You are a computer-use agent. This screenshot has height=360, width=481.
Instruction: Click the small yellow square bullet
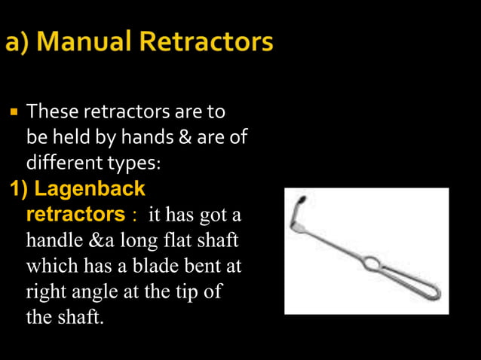coord(14,115)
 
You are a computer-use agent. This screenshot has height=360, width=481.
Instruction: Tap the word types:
coord(136,163)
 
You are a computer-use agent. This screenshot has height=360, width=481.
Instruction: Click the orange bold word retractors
coord(75,214)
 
